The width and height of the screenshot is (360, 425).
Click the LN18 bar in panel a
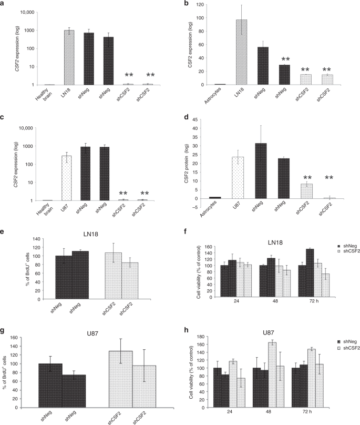point(69,57)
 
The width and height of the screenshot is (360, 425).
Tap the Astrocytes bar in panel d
point(215,197)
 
